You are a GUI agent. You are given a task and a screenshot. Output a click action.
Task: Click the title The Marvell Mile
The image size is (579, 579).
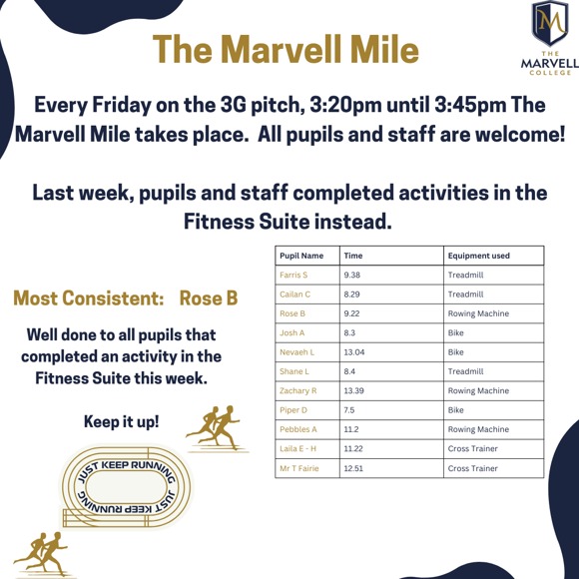coord(286,49)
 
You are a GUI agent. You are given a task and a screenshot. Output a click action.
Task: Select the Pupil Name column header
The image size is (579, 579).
coord(301,256)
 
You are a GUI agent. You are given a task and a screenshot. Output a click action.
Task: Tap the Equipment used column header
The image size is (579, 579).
coord(479,256)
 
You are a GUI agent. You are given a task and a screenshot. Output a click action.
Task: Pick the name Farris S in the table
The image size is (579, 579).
coord(293,275)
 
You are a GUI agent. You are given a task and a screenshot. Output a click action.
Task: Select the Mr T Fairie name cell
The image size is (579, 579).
coord(299,467)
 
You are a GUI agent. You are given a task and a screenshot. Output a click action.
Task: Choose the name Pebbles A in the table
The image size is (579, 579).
coord(298,429)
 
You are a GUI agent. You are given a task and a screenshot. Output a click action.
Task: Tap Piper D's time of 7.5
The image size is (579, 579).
coord(349,409)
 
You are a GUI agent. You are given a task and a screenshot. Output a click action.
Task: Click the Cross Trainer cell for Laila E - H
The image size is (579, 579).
coord(472,448)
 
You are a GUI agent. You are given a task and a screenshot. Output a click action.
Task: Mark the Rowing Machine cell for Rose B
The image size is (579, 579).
coord(478,313)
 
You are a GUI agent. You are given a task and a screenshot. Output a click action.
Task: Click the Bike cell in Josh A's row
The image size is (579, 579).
coord(456,332)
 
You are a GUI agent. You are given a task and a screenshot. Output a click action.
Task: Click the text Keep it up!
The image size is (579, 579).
coord(121,421)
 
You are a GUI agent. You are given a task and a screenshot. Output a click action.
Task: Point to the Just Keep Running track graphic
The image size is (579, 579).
coord(125,486)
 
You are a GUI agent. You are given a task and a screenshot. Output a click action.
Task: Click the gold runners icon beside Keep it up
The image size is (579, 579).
coord(217,427)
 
